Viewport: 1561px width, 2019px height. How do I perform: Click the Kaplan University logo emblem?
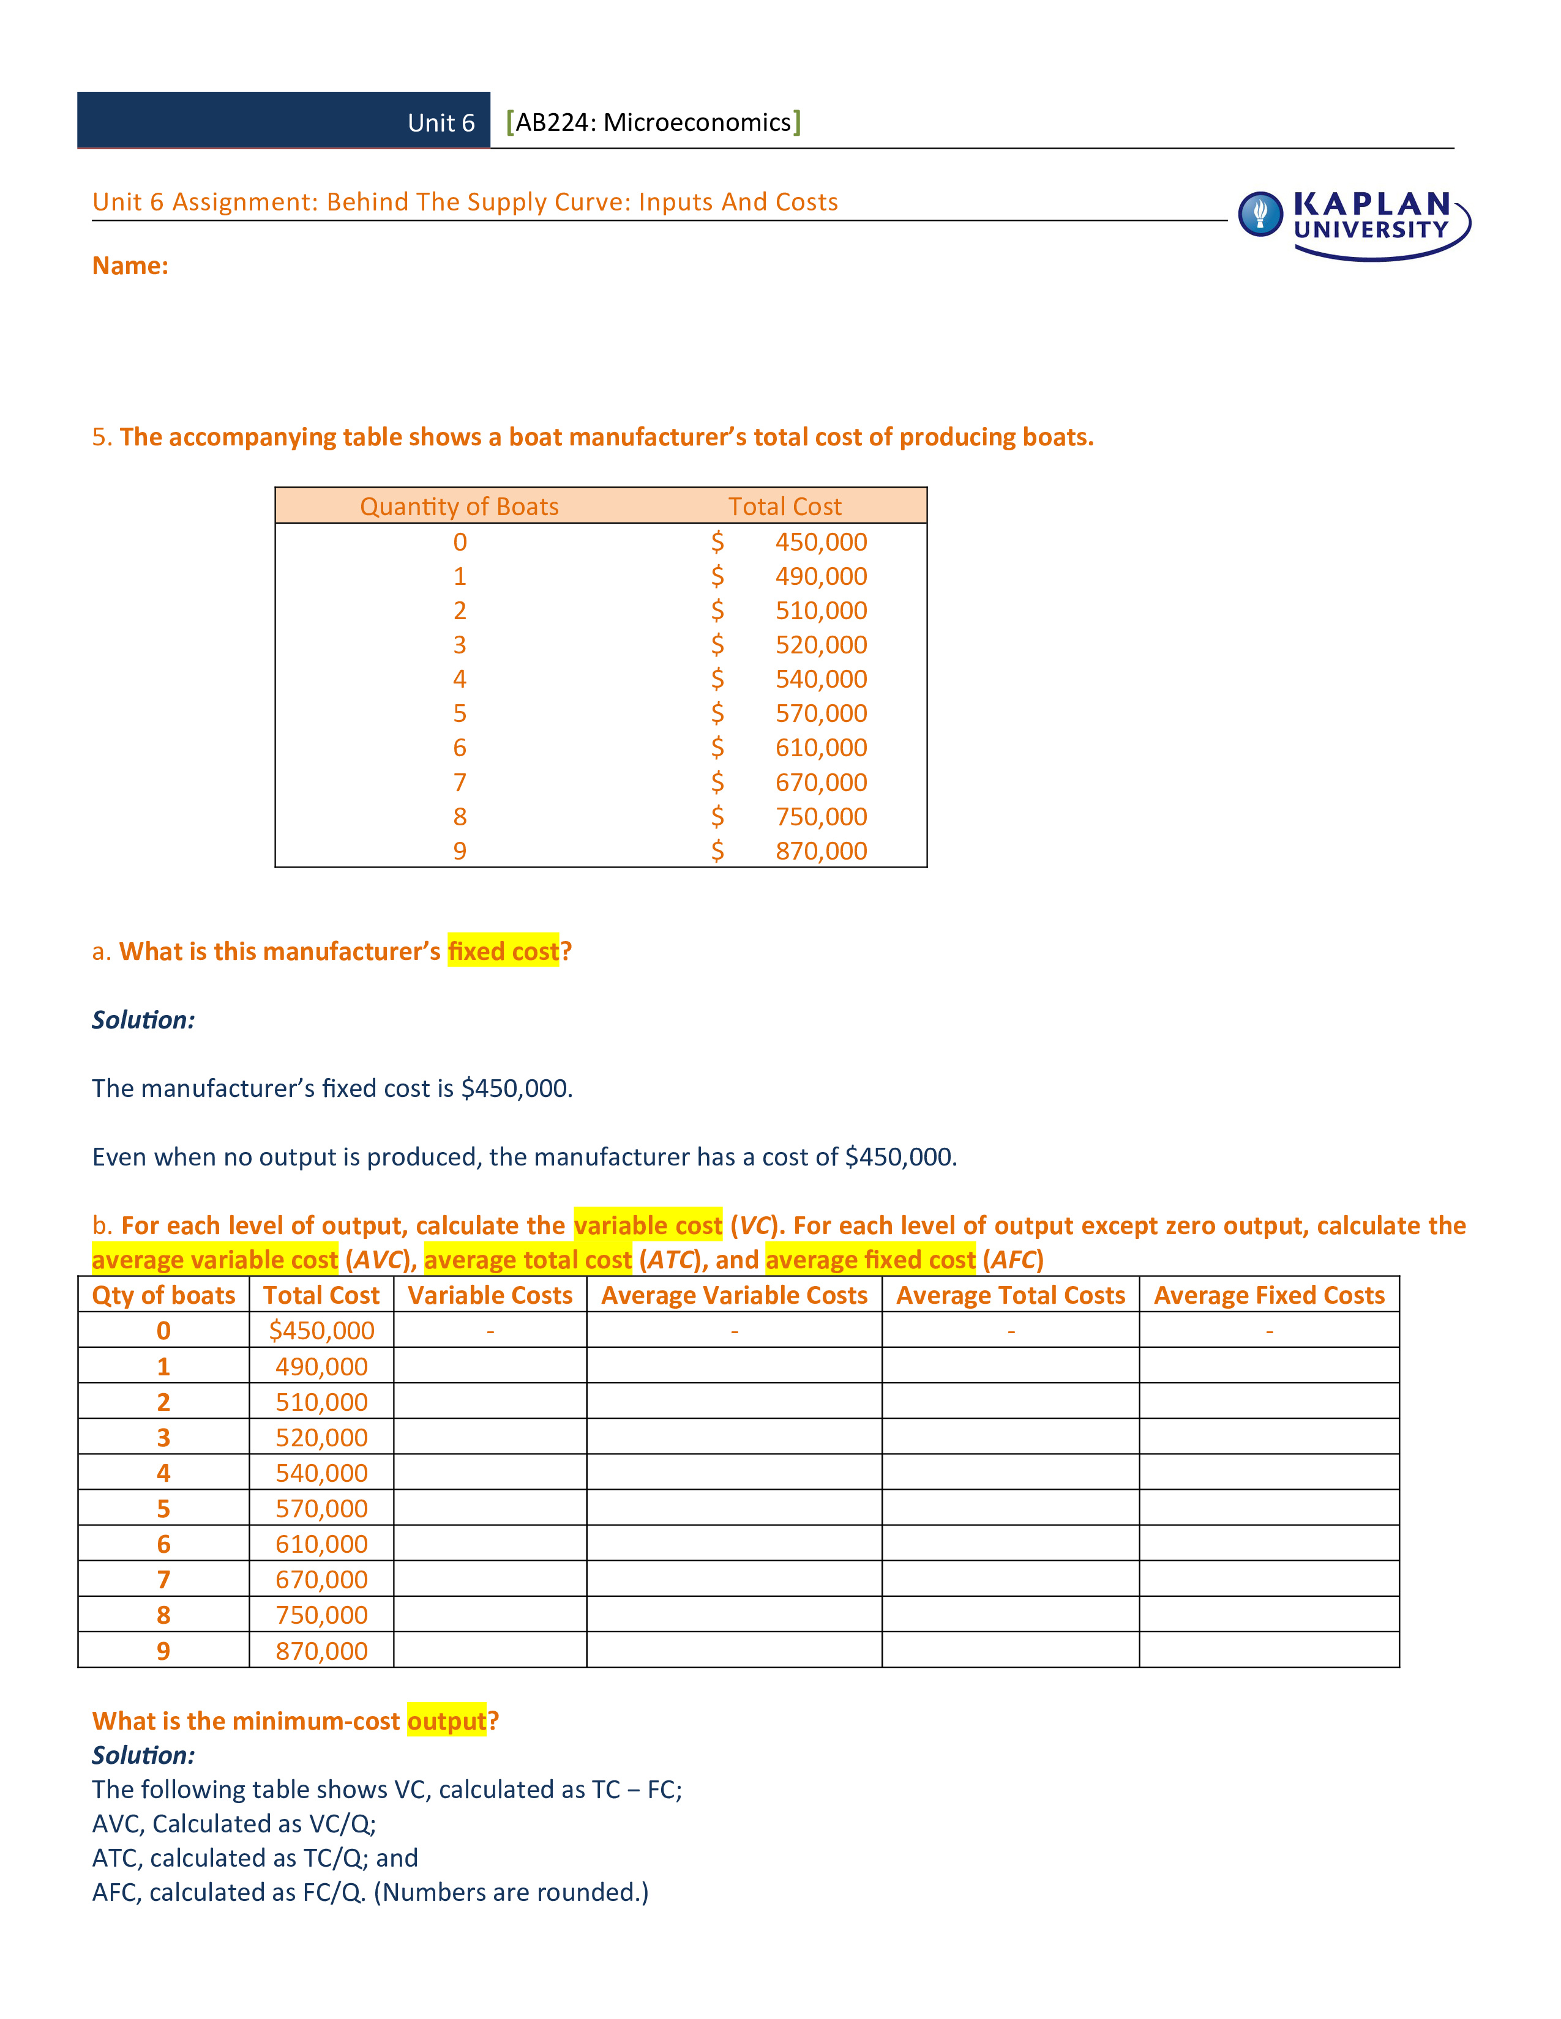click(x=1260, y=215)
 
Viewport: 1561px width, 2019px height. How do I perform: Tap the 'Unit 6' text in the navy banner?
click(x=441, y=123)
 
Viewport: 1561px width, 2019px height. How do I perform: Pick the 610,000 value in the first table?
click(x=820, y=748)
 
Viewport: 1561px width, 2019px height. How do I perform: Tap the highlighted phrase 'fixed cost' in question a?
click(x=503, y=951)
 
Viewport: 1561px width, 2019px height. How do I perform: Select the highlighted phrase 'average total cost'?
click(x=528, y=1260)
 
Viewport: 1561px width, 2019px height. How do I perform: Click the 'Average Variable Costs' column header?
click(x=734, y=1295)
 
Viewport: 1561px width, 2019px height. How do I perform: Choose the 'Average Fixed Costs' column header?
click(x=1269, y=1295)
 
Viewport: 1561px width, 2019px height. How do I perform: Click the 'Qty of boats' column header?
click(x=163, y=1295)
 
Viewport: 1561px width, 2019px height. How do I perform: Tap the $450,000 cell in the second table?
click(x=322, y=1330)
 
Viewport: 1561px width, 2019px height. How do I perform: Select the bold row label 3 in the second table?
click(x=163, y=1438)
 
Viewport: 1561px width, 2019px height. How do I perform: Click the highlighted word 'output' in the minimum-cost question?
click(x=447, y=1720)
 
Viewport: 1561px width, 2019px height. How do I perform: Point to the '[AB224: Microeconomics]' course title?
click(x=654, y=123)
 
